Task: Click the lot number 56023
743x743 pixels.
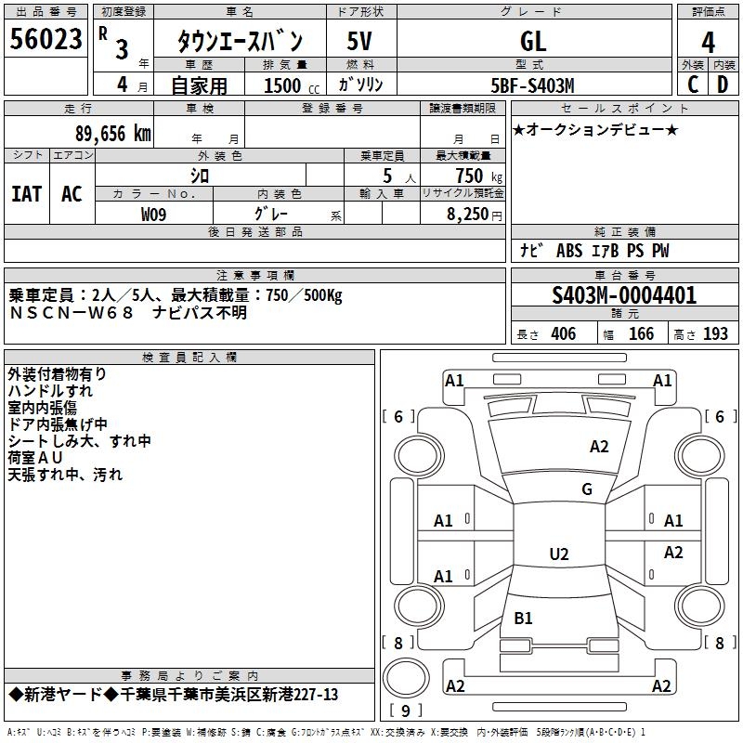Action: [46, 38]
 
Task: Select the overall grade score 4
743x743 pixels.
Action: [708, 42]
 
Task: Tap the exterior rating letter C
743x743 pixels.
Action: [693, 85]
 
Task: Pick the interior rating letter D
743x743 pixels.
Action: [723, 85]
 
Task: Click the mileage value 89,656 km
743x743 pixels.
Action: [112, 134]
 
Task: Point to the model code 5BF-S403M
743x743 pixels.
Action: [532, 85]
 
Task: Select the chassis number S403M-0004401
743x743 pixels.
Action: [624, 295]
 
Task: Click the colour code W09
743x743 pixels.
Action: [153, 215]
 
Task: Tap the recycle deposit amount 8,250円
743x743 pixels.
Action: [475, 215]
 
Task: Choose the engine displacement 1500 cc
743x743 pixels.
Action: [292, 85]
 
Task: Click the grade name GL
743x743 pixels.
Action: [533, 41]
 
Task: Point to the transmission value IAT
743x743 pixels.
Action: [26, 194]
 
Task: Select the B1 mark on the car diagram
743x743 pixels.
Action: [523, 618]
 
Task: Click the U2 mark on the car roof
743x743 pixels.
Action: [559, 554]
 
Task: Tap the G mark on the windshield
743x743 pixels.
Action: [587, 489]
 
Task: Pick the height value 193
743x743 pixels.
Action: [715, 333]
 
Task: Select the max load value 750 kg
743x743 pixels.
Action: [478, 176]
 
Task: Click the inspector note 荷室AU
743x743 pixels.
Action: [35, 457]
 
